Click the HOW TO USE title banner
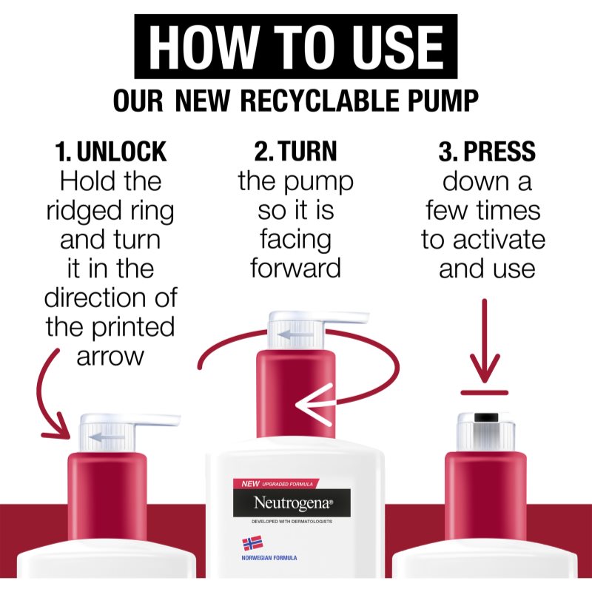click(x=295, y=47)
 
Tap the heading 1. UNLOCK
click(x=110, y=152)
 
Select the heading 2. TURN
click(x=295, y=151)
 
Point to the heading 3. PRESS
click(x=487, y=152)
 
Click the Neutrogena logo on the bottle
click(x=292, y=503)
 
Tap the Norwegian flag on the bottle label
click(x=252, y=544)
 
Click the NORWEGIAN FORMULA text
click(x=269, y=558)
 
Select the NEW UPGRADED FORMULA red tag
click(x=275, y=484)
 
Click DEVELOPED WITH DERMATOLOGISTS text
click(x=292, y=522)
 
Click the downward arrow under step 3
click(x=485, y=341)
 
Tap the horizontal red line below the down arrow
click(x=485, y=393)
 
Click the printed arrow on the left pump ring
click(x=106, y=437)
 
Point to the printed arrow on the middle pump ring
click(x=295, y=334)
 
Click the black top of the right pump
click(x=486, y=417)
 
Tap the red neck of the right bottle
click(x=486, y=497)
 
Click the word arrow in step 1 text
click(x=110, y=357)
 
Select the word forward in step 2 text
click(x=295, y=268)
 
